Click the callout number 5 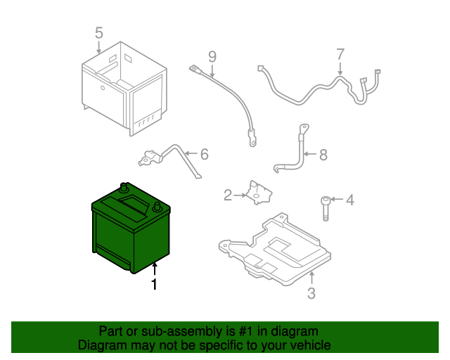(98, 33)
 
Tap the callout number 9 (212, 57)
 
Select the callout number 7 (340, 54)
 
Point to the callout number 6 (205, 154)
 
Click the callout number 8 (323, 155)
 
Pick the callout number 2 (228, 195)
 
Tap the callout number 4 (350, 200)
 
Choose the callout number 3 (311, 293)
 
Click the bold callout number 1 (155, 284)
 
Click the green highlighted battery (131, 229)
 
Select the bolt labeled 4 (325, 209)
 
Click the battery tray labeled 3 (275, 249)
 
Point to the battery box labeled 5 (124, 89)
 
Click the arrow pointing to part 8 (310, 154)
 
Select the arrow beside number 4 (337, 199)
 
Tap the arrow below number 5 (98, 47)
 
